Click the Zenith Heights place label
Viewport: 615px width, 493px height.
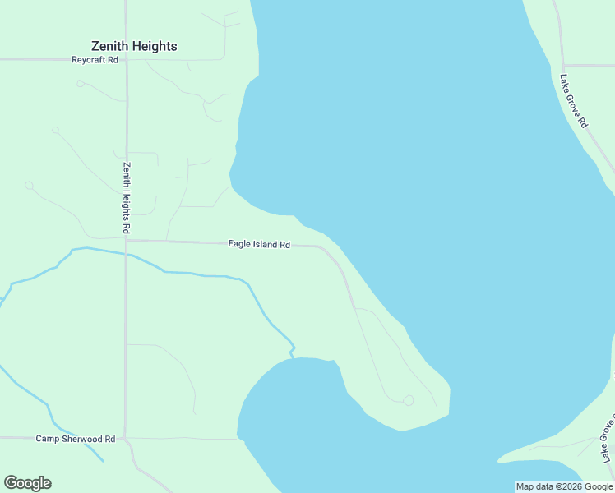coord(134,46)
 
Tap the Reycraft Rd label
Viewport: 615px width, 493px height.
coord(95,60)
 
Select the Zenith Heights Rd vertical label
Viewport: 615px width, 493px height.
coord(127,196)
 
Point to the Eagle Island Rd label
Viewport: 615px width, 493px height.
coord(259,245)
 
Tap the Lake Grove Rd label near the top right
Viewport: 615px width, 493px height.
coord(573,101)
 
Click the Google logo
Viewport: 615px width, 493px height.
coord(27,483)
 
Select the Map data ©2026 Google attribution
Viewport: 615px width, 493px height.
coord(564,486)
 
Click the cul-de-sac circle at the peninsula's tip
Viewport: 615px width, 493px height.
coord(408,400)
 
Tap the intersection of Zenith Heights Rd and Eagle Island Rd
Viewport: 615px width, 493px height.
coord(126,241)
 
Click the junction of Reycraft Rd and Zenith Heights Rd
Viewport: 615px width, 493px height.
coord(126,59)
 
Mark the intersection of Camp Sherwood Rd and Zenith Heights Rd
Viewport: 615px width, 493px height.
coord(125,438)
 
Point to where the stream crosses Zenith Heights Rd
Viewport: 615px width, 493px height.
coord(126,254)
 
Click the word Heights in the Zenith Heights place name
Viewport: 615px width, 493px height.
coord(155,46)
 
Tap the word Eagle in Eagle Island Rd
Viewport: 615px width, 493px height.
coord(240,245)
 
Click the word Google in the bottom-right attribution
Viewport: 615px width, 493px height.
coord(599,486)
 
